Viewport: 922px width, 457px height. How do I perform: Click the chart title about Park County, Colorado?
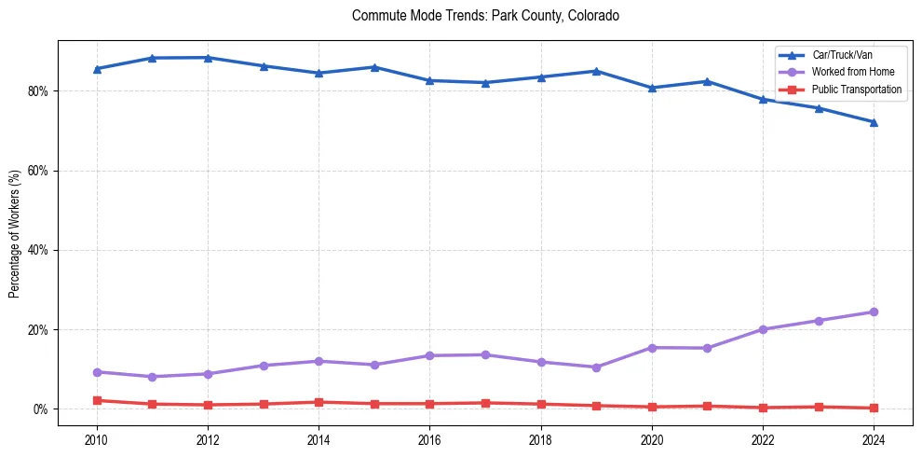coord(485,16)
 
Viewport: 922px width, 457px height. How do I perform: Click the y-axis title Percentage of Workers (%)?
coord(15,232)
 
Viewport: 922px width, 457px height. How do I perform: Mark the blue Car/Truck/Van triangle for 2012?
coord(208,58)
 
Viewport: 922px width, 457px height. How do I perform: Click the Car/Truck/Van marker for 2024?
coord(874,122)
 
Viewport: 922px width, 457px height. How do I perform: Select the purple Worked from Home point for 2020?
coord(652,348)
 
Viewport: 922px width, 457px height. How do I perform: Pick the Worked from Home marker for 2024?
coord(874,312)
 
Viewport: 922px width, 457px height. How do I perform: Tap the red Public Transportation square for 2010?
coord(96,400)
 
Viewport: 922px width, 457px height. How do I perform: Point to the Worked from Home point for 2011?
coord(152,377)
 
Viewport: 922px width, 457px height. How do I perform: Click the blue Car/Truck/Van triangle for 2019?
coord(596,71)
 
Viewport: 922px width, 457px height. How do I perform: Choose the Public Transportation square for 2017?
coord(485,403)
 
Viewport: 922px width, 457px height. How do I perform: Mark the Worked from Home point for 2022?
coord(763,329)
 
